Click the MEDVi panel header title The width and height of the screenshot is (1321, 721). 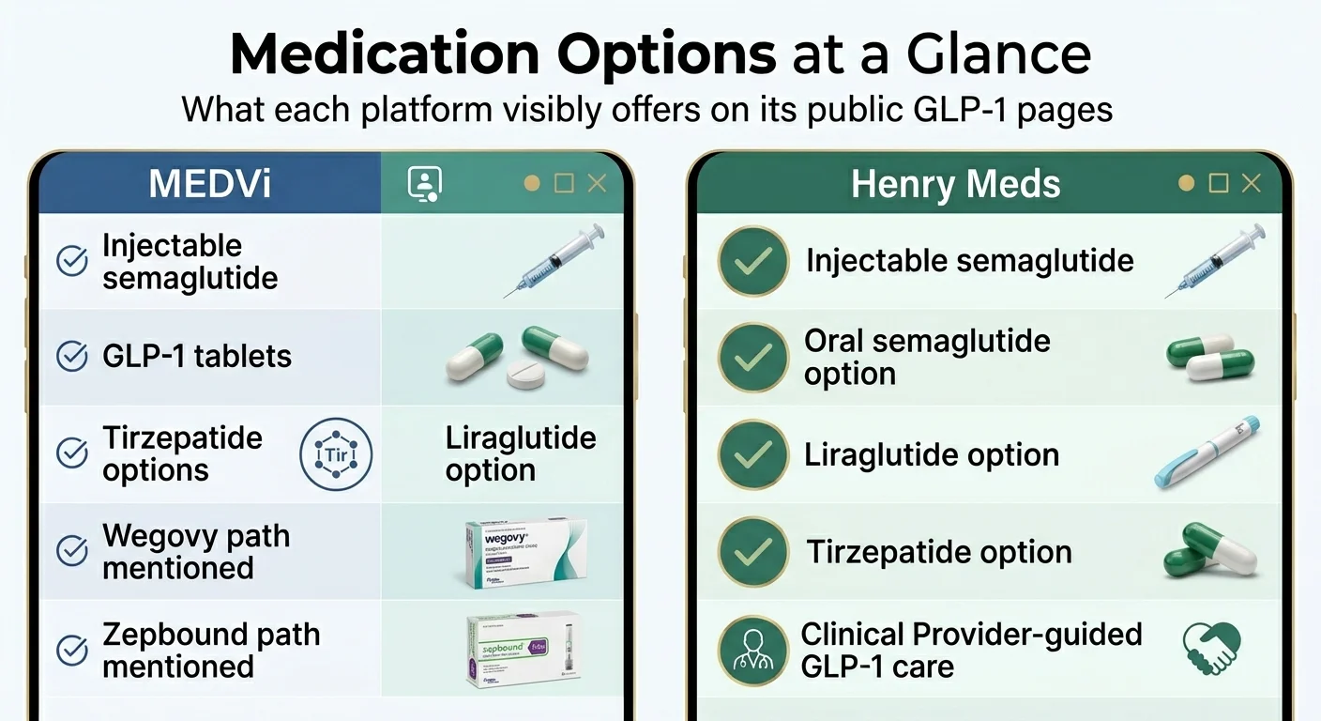tap(209, 183)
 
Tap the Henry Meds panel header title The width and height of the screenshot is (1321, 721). tap(955, 184)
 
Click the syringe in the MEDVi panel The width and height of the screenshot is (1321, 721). tap(554, 261)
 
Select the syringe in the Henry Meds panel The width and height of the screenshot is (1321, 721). tap(1215, 261)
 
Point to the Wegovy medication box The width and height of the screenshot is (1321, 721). tap(525, 554)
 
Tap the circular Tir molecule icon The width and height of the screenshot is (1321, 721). tap(335, 455)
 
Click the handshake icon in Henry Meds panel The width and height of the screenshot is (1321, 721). tap(1211, 649)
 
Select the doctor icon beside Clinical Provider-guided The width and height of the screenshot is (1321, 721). tap(752, 650)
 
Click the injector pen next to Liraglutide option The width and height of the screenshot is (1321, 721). tap(1207, 453)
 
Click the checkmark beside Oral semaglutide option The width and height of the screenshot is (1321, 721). tap(752, 358)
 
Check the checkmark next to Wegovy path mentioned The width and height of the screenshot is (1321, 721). tap(72, 551)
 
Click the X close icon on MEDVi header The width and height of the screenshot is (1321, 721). tap(597, 183)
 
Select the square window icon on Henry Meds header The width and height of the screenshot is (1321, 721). tap(1219, 183)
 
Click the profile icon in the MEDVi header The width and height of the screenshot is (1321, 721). tap(424, 183)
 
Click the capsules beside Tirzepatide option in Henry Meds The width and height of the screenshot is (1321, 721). tap(1208, 551)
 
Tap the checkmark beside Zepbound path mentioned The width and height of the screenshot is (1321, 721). tap(72, 650)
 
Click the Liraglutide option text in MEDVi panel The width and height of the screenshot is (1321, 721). tap(520, 454)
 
